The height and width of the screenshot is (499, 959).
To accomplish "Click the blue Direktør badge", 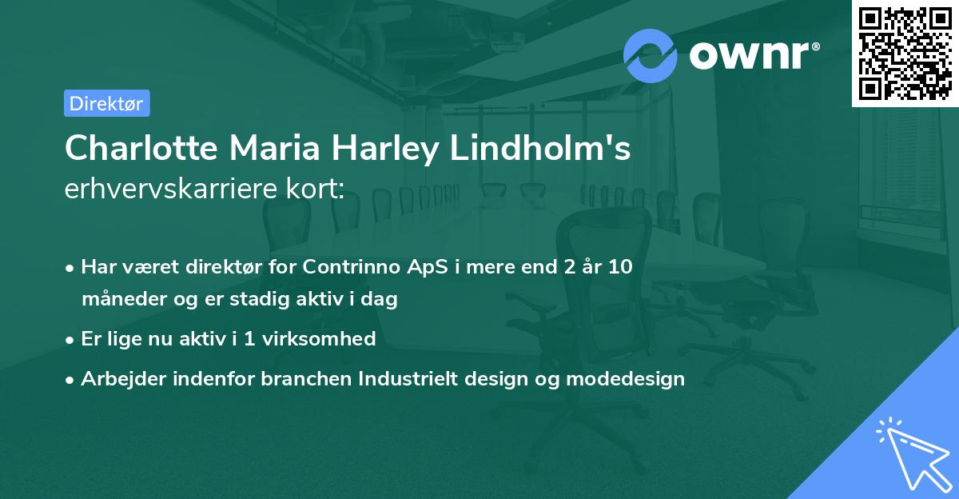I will pos(106,103).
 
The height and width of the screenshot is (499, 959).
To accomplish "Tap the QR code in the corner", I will pos(905,53).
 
